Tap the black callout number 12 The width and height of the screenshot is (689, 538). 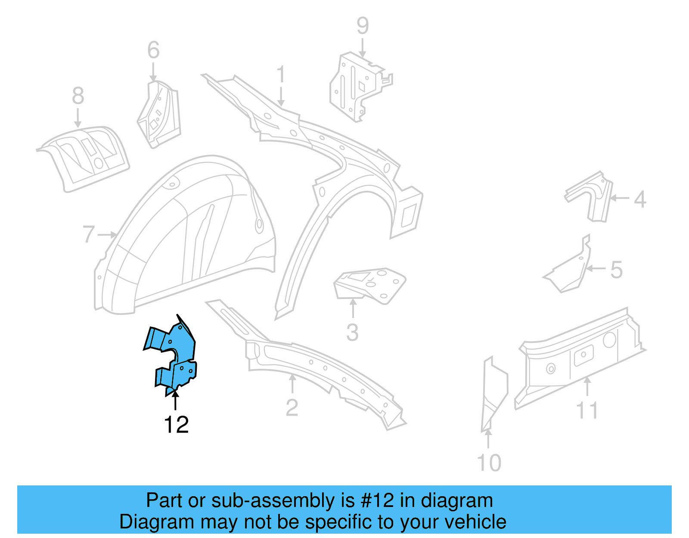(176, 425)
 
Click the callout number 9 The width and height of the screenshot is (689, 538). (363, 26)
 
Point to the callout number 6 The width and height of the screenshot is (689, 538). (153, 50)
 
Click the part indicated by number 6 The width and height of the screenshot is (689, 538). (159, 114)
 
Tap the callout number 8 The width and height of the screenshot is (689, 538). (78, 96)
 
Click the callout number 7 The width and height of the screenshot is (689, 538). (88, 234)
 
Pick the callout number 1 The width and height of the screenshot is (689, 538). (281, 75)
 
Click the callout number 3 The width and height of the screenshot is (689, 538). (352, 333)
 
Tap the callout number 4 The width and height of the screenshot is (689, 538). (640, 199)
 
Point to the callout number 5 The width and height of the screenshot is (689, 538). (617, 270)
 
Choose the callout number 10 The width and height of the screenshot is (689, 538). (489, 463)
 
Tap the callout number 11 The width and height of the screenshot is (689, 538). (587, 410)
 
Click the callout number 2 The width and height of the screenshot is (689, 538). (292, 407)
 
